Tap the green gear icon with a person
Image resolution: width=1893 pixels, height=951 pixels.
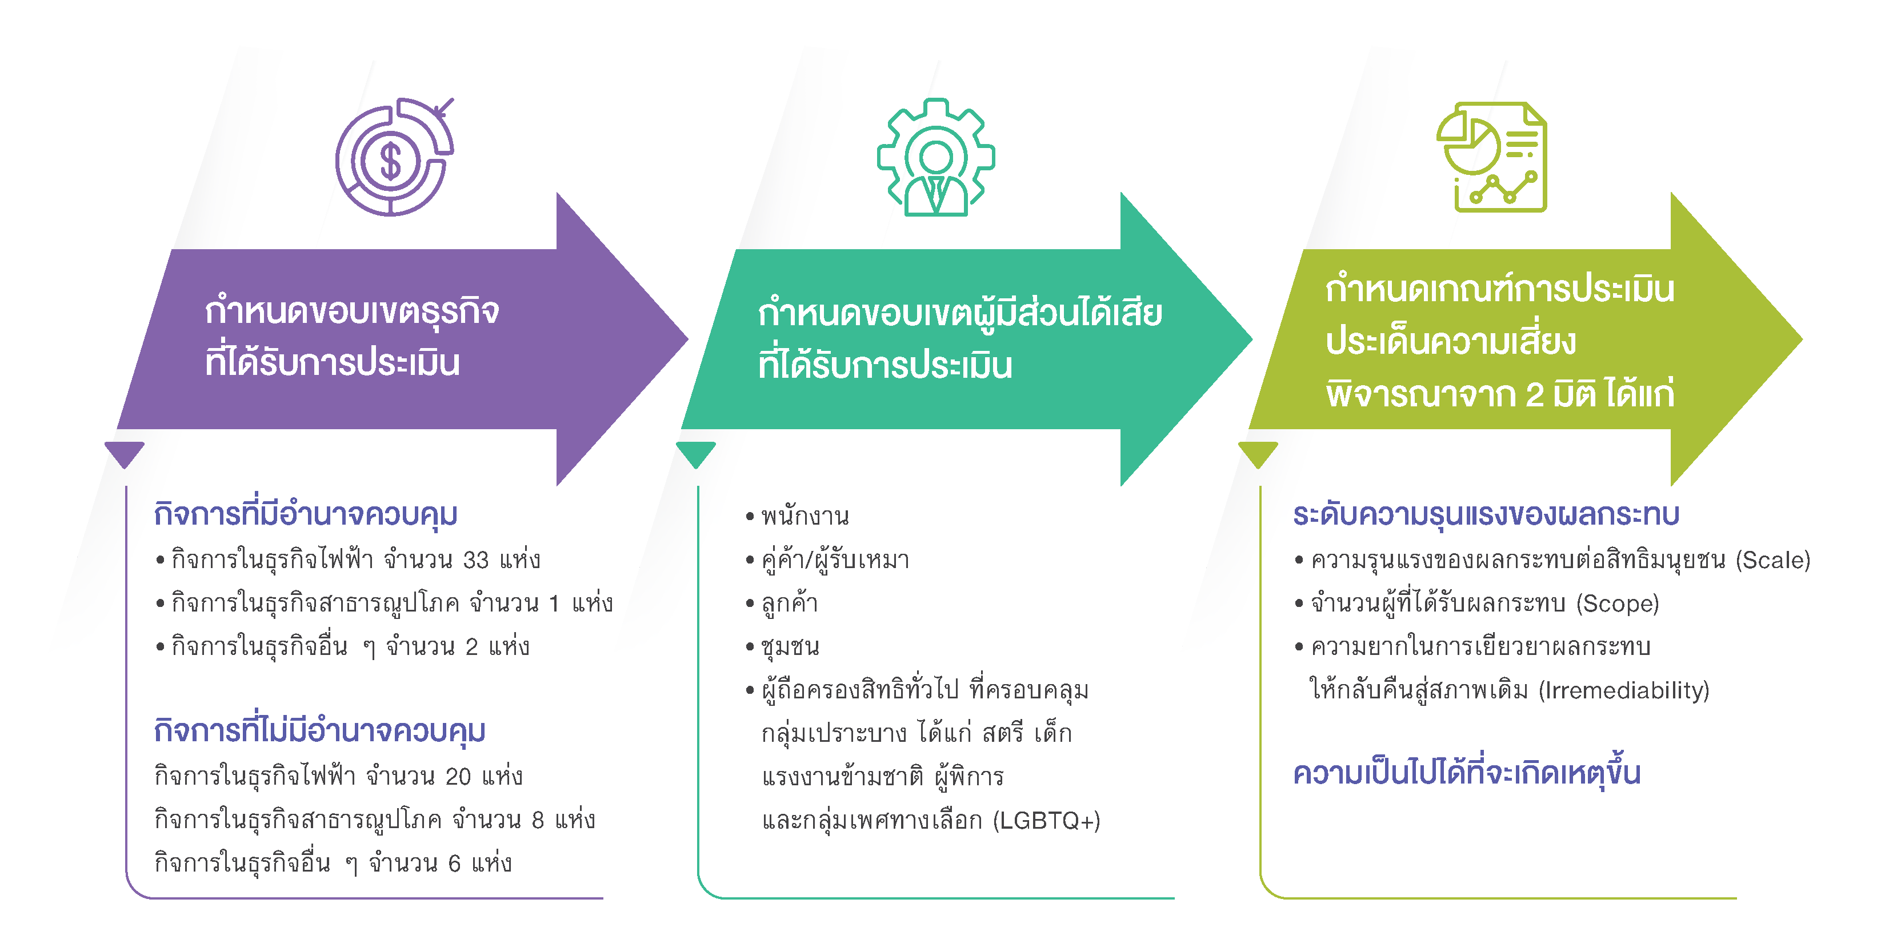[935, 157]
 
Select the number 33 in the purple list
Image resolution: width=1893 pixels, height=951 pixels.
[475, 560]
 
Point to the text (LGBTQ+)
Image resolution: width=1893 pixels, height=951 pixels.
[1046, 820]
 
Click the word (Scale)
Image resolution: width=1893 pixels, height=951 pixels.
[1772, 560]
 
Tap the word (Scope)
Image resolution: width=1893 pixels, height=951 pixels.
[1618, 604]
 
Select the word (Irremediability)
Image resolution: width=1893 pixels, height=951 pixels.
[1623, 690]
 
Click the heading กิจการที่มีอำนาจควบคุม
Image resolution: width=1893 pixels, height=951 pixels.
[306, 513]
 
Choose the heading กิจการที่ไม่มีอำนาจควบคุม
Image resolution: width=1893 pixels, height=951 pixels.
[319, 730]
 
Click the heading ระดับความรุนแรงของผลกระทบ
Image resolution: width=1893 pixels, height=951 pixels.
[1486, 514]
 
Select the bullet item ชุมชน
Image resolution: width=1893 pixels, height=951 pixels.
[790, 647]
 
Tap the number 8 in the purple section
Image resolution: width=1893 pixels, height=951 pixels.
[538, 820]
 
